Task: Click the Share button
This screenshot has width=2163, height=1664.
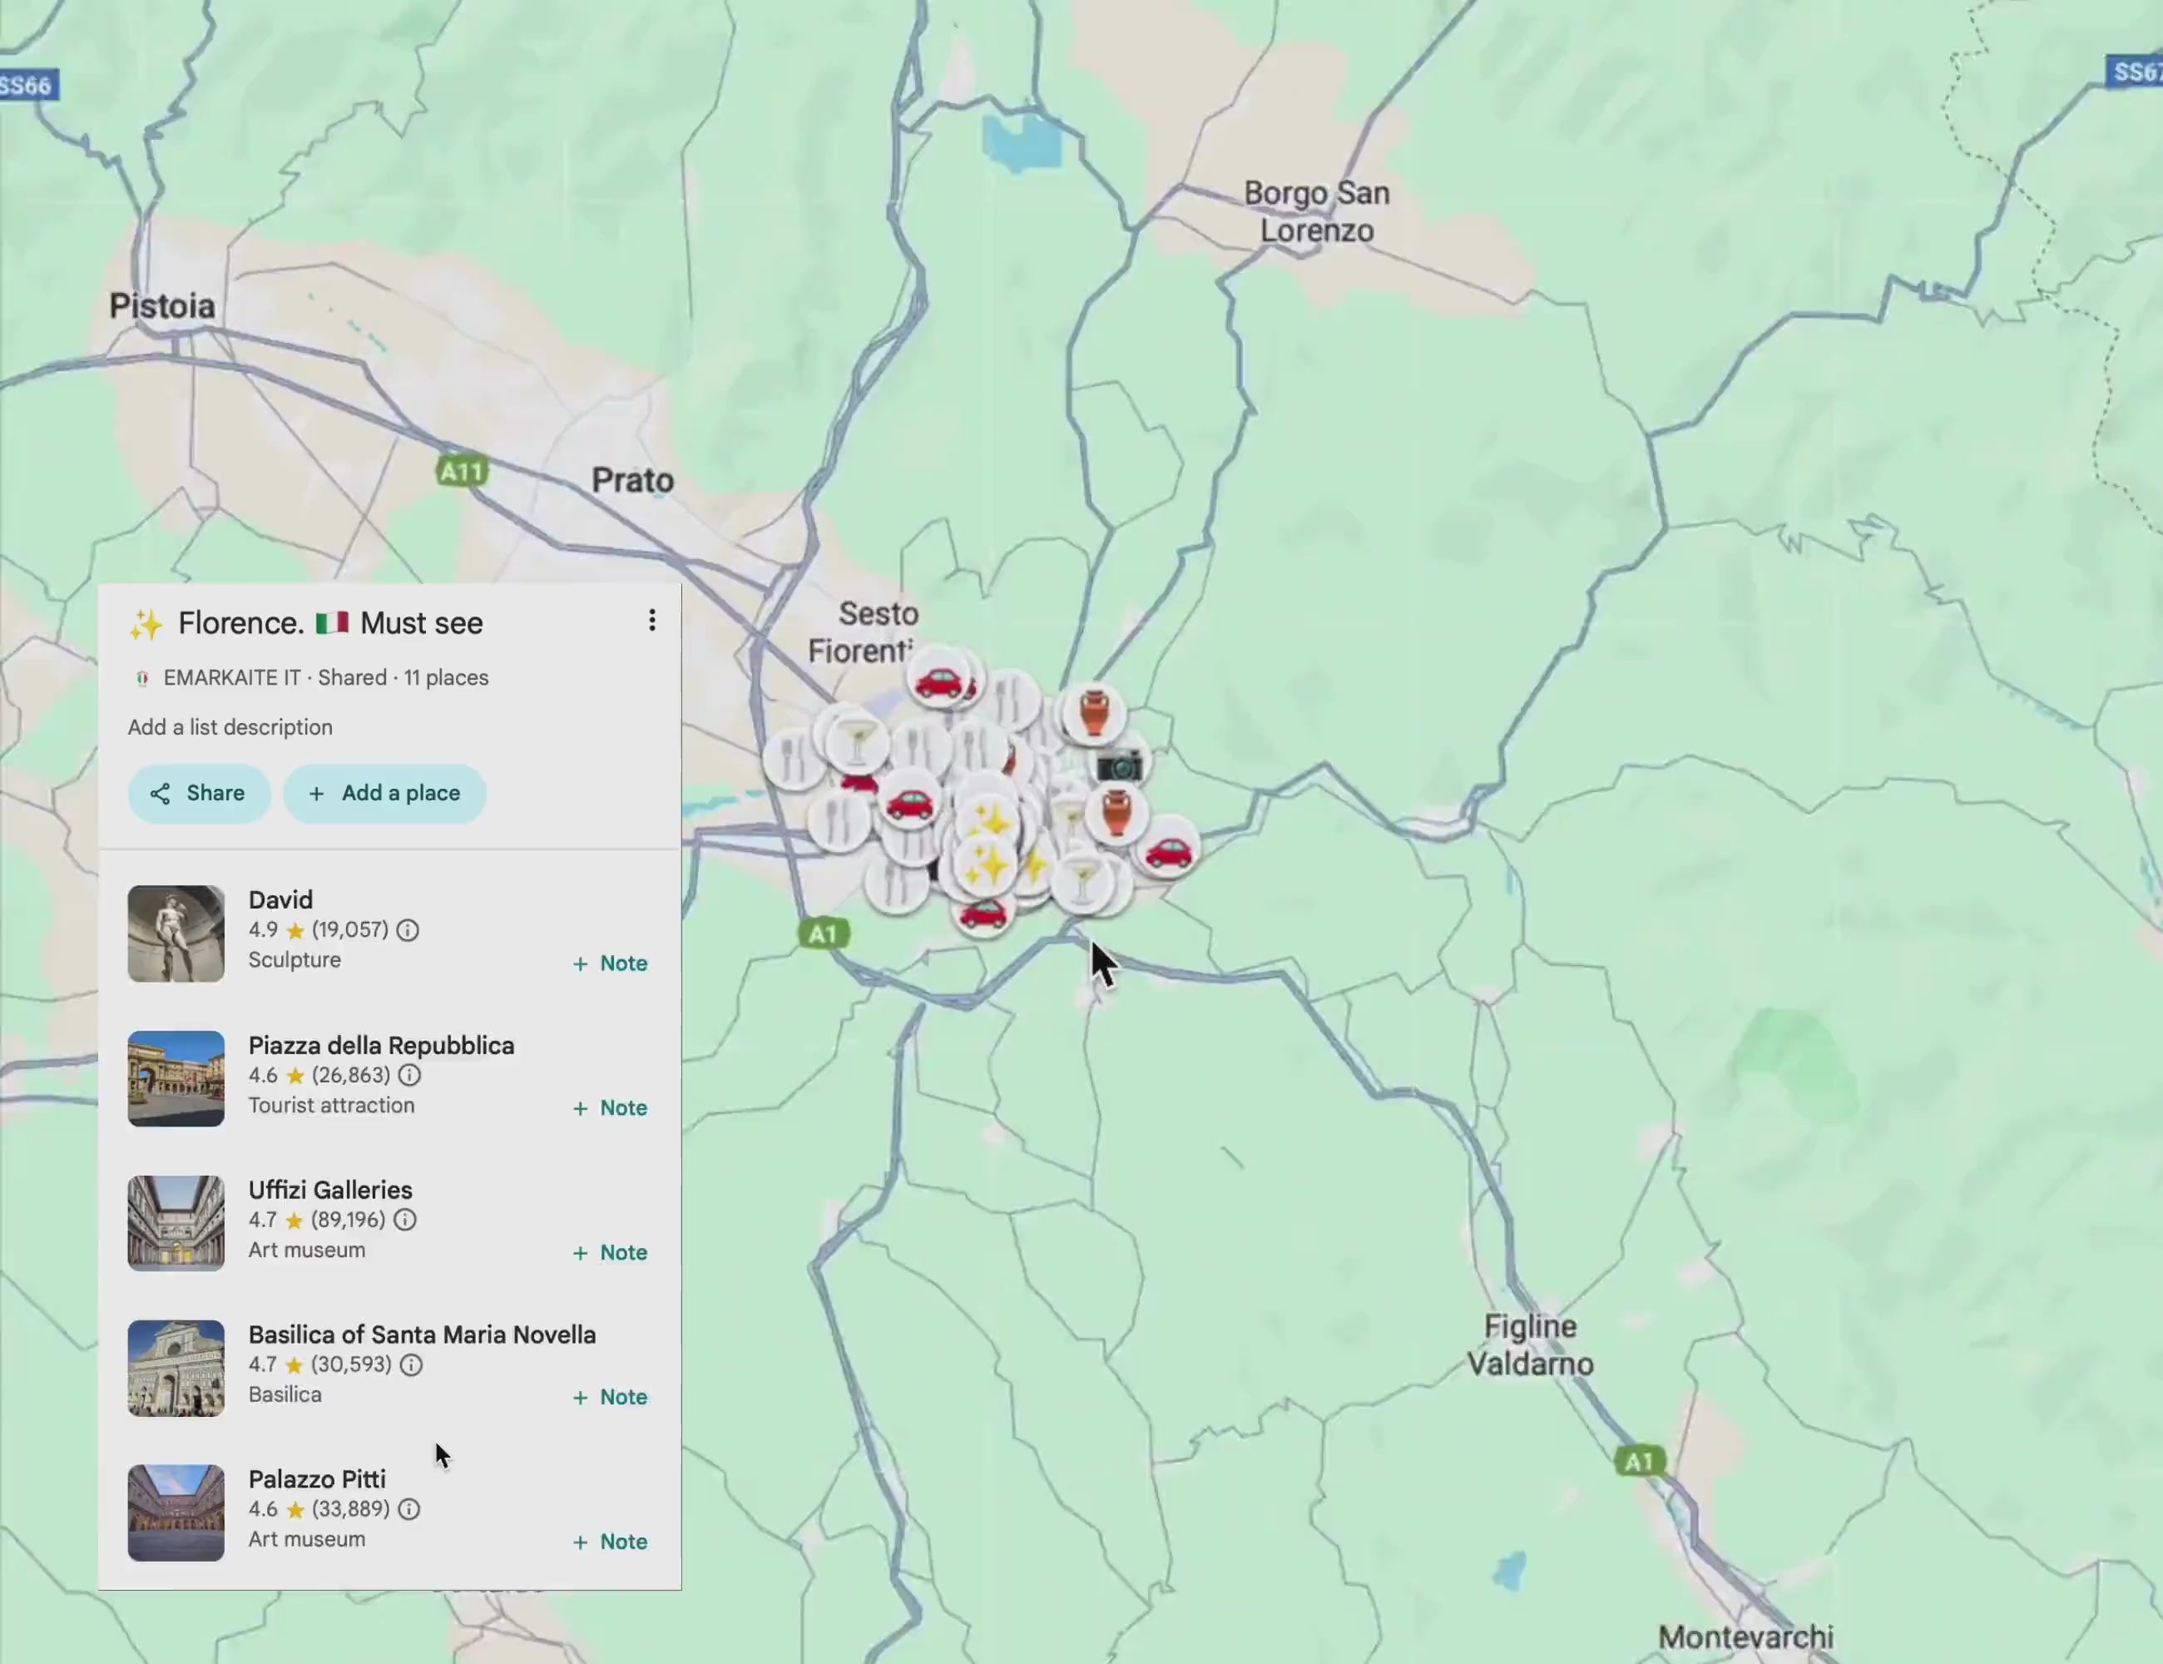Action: [198, 794]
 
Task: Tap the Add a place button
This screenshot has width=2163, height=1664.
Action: [384, 794]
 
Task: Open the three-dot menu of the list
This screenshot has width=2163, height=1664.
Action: [651, 621]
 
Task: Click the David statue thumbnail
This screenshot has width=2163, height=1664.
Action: [176, 934]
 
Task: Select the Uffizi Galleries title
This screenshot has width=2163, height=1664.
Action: [329, 1190]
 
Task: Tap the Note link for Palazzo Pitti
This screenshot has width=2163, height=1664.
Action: [611, 1543]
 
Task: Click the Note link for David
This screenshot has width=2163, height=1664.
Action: [611, 963]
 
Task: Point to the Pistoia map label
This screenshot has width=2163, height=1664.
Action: [162, 306]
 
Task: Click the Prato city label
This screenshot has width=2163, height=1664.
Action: [633, 482]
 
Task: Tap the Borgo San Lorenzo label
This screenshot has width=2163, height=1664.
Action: [1316, 212]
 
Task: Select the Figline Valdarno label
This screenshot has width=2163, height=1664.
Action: [1529, 1345]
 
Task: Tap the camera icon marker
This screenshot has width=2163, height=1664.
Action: [1119, 765]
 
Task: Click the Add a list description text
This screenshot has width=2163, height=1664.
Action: [230, 727]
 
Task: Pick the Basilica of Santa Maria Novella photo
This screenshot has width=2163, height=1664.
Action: [176, 1368]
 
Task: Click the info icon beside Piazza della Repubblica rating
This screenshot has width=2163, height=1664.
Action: [409, 1076]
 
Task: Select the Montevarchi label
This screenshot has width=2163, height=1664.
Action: [1745, 1637]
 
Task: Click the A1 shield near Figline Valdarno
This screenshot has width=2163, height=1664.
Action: [1639, 1461]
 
